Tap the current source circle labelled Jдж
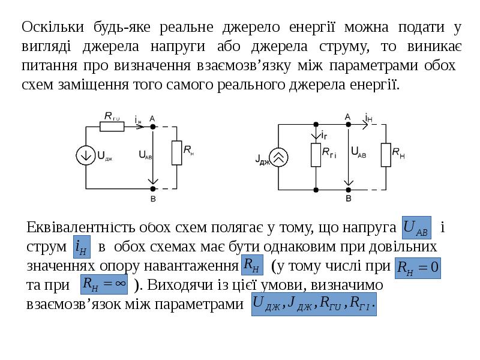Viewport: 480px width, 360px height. [x=278, y=157]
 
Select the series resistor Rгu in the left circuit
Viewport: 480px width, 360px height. [x=112, y=127]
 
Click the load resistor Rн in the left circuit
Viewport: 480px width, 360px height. [x=177, y=152]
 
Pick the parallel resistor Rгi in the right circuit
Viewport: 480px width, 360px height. [x=316, y=154]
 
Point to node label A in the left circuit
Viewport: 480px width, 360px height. [x=152, y=118]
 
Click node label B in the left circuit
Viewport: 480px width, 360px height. [x=152, y=199]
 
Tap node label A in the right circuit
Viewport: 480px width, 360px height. [x=347, y=116]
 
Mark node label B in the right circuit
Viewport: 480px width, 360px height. [x=347, y=198]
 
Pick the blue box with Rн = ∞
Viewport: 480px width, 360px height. [x=104, y=284]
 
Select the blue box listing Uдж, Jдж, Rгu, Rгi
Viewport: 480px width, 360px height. [x=315, y=303]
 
